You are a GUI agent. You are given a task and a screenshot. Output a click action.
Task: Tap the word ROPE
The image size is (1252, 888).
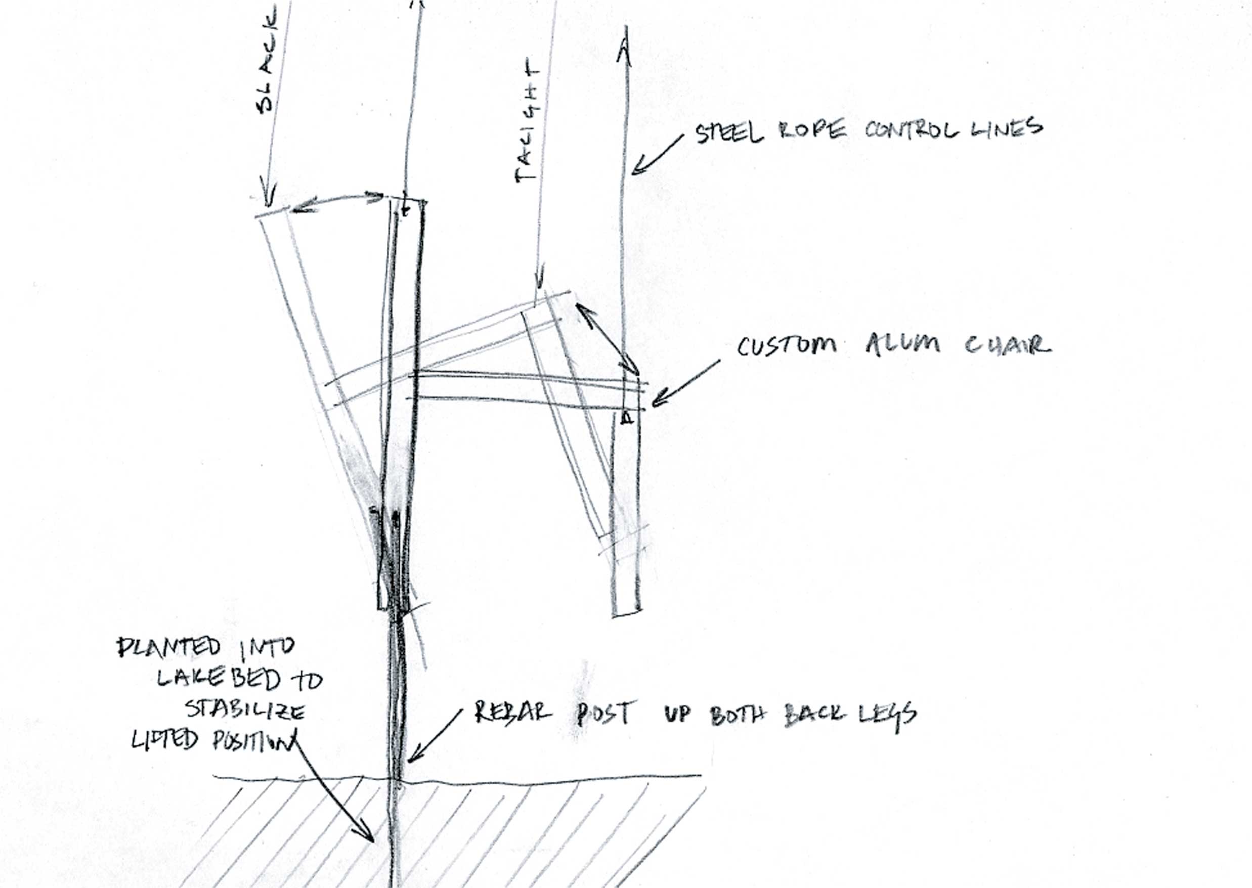[812, 131]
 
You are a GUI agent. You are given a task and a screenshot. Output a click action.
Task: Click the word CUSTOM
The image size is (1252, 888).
[787, 346]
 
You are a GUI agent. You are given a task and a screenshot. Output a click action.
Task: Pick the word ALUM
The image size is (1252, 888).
[902, 345]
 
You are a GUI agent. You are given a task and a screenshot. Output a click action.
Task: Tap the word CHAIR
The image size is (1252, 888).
[1008, 345]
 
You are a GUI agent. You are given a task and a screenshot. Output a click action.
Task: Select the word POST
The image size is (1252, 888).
[605, 714]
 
